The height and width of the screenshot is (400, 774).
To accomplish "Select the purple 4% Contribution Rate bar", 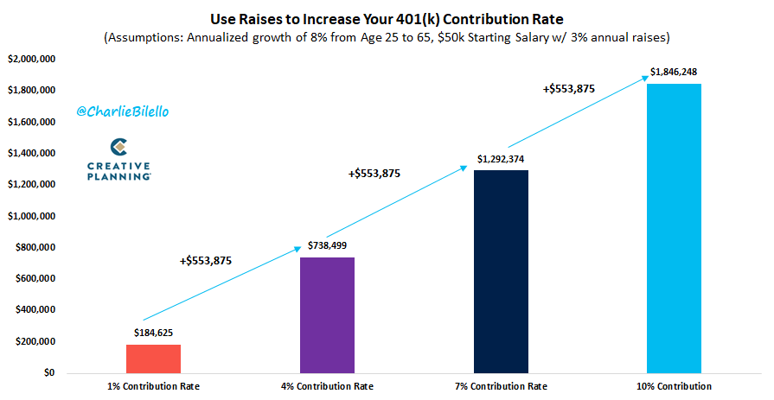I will point(327,314).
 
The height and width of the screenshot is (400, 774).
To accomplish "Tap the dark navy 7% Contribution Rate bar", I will point(501,271).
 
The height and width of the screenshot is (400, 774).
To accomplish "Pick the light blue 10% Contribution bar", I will point(674,228).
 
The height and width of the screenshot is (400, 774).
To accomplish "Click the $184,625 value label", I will point(153,332).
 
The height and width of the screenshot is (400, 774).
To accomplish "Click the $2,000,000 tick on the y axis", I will point(32,59).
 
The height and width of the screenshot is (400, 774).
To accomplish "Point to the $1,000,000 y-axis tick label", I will point(32,216).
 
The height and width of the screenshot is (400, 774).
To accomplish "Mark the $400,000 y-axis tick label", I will point(35,310).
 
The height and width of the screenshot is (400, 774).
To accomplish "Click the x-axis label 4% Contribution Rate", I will point(327,386).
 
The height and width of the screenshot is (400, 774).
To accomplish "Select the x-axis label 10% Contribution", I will point(674,386).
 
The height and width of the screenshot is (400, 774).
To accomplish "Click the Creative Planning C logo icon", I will point(119,146).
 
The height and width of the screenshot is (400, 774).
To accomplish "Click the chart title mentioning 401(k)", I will point(387,17).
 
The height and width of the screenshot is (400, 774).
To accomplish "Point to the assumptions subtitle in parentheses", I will point(387,37).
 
